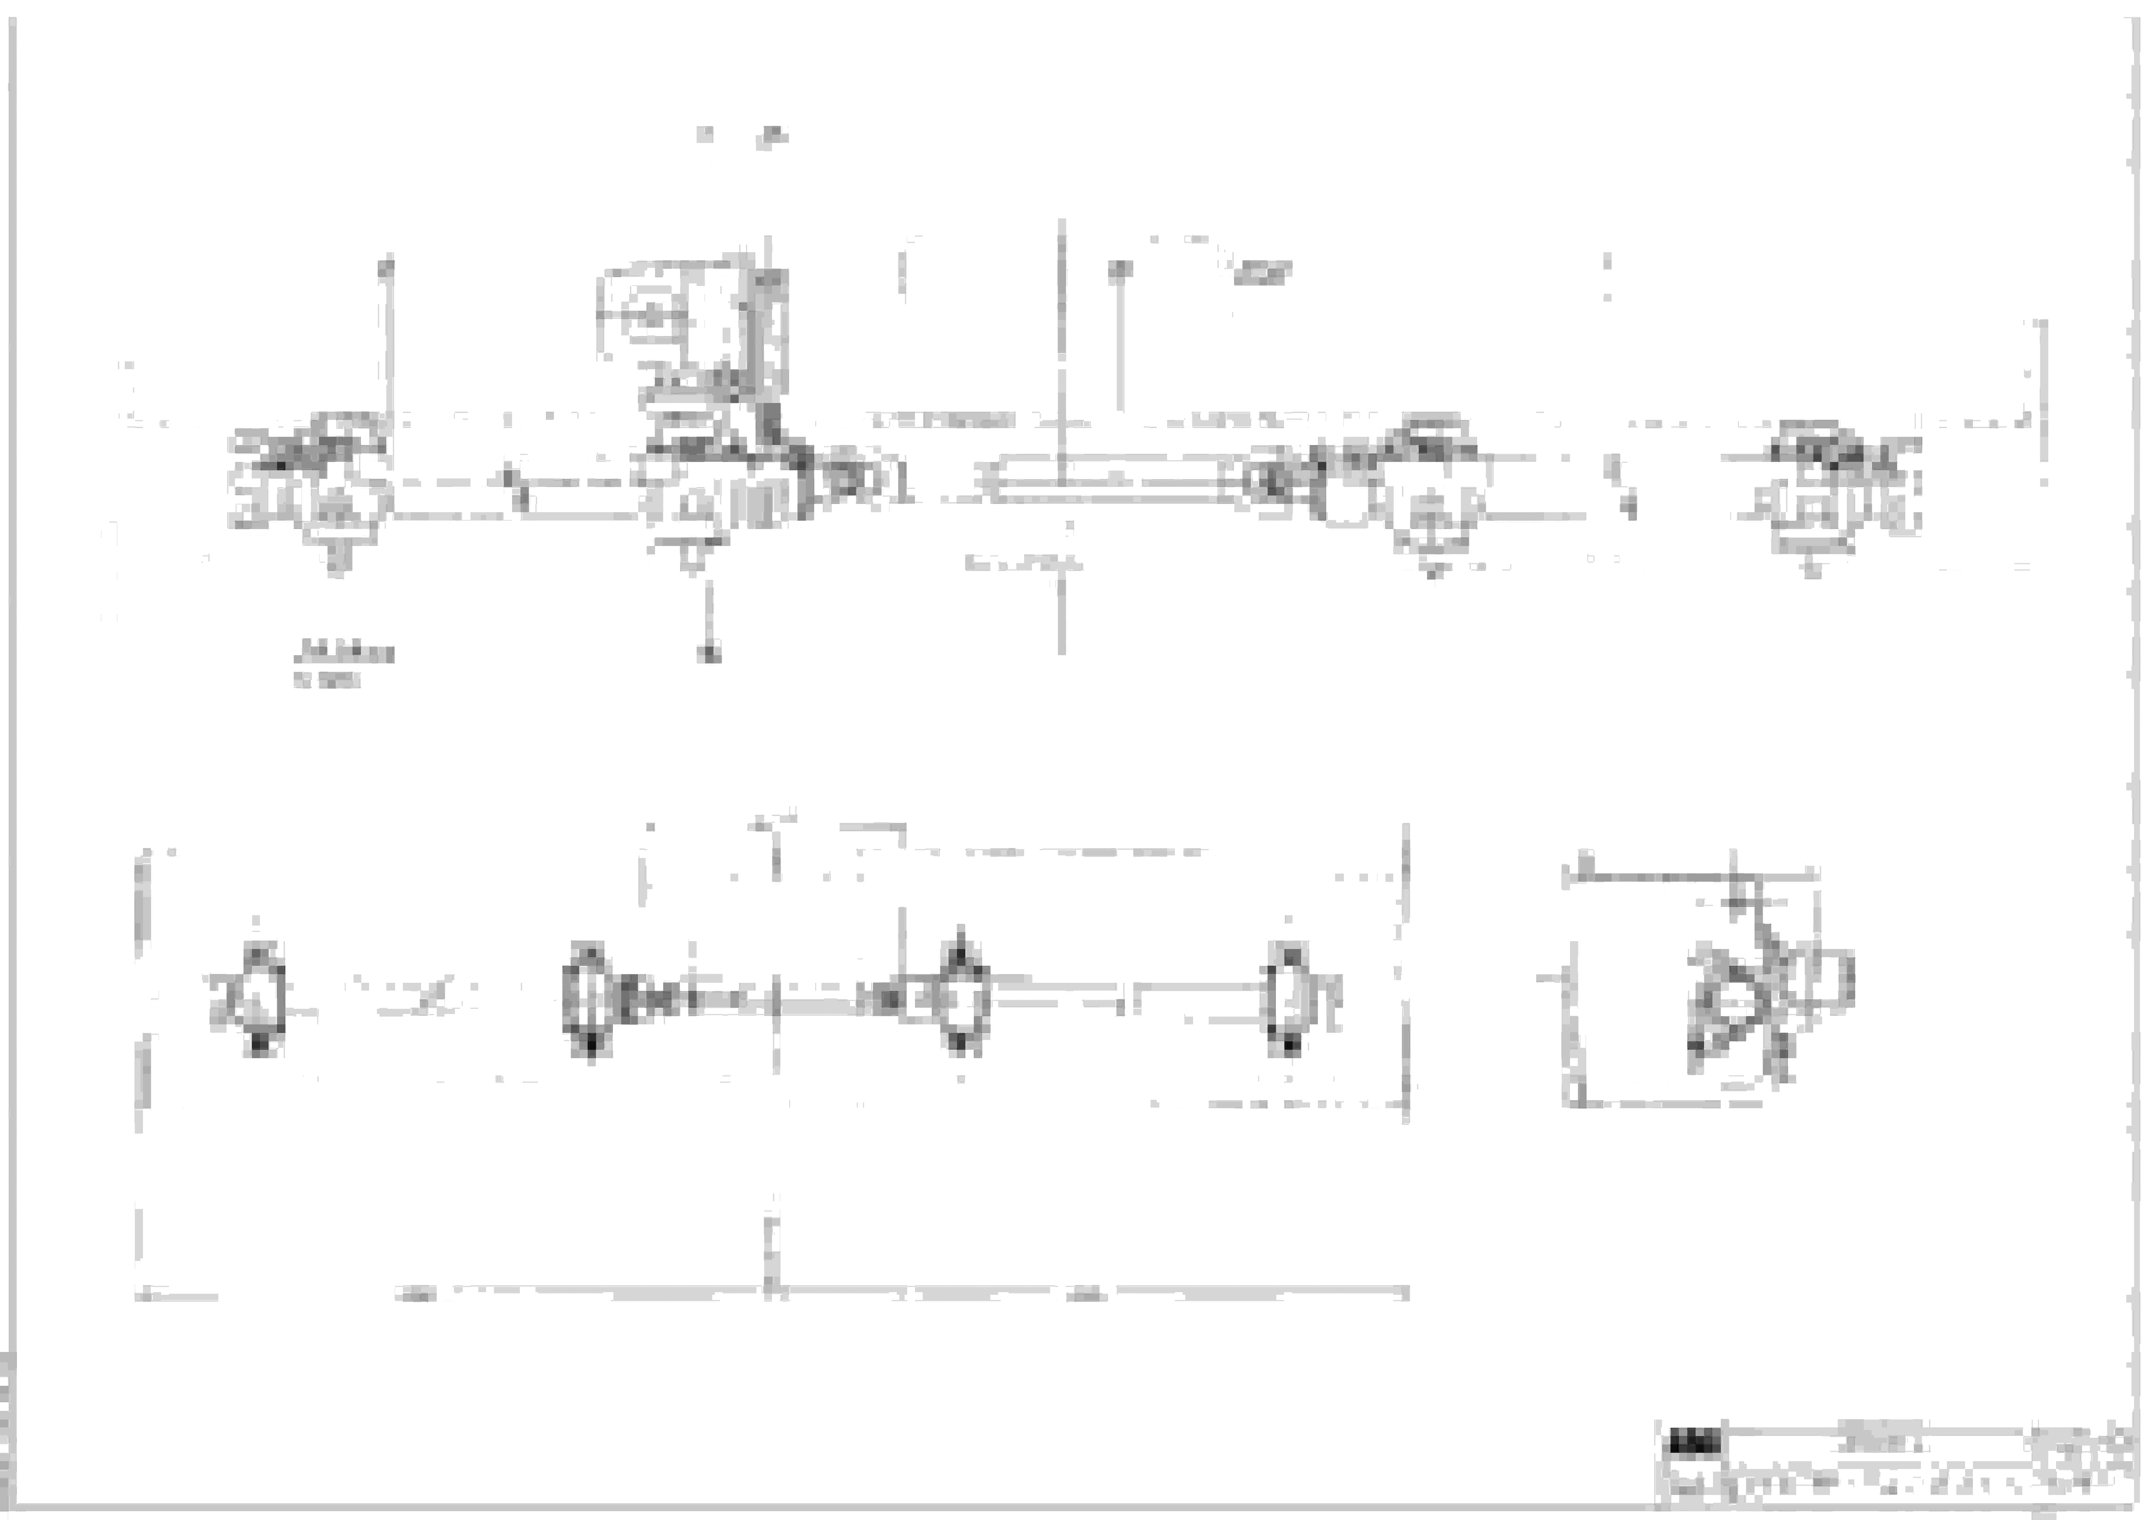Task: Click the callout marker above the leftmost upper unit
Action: point(386,267)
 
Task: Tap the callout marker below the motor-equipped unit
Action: point(711,652)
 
